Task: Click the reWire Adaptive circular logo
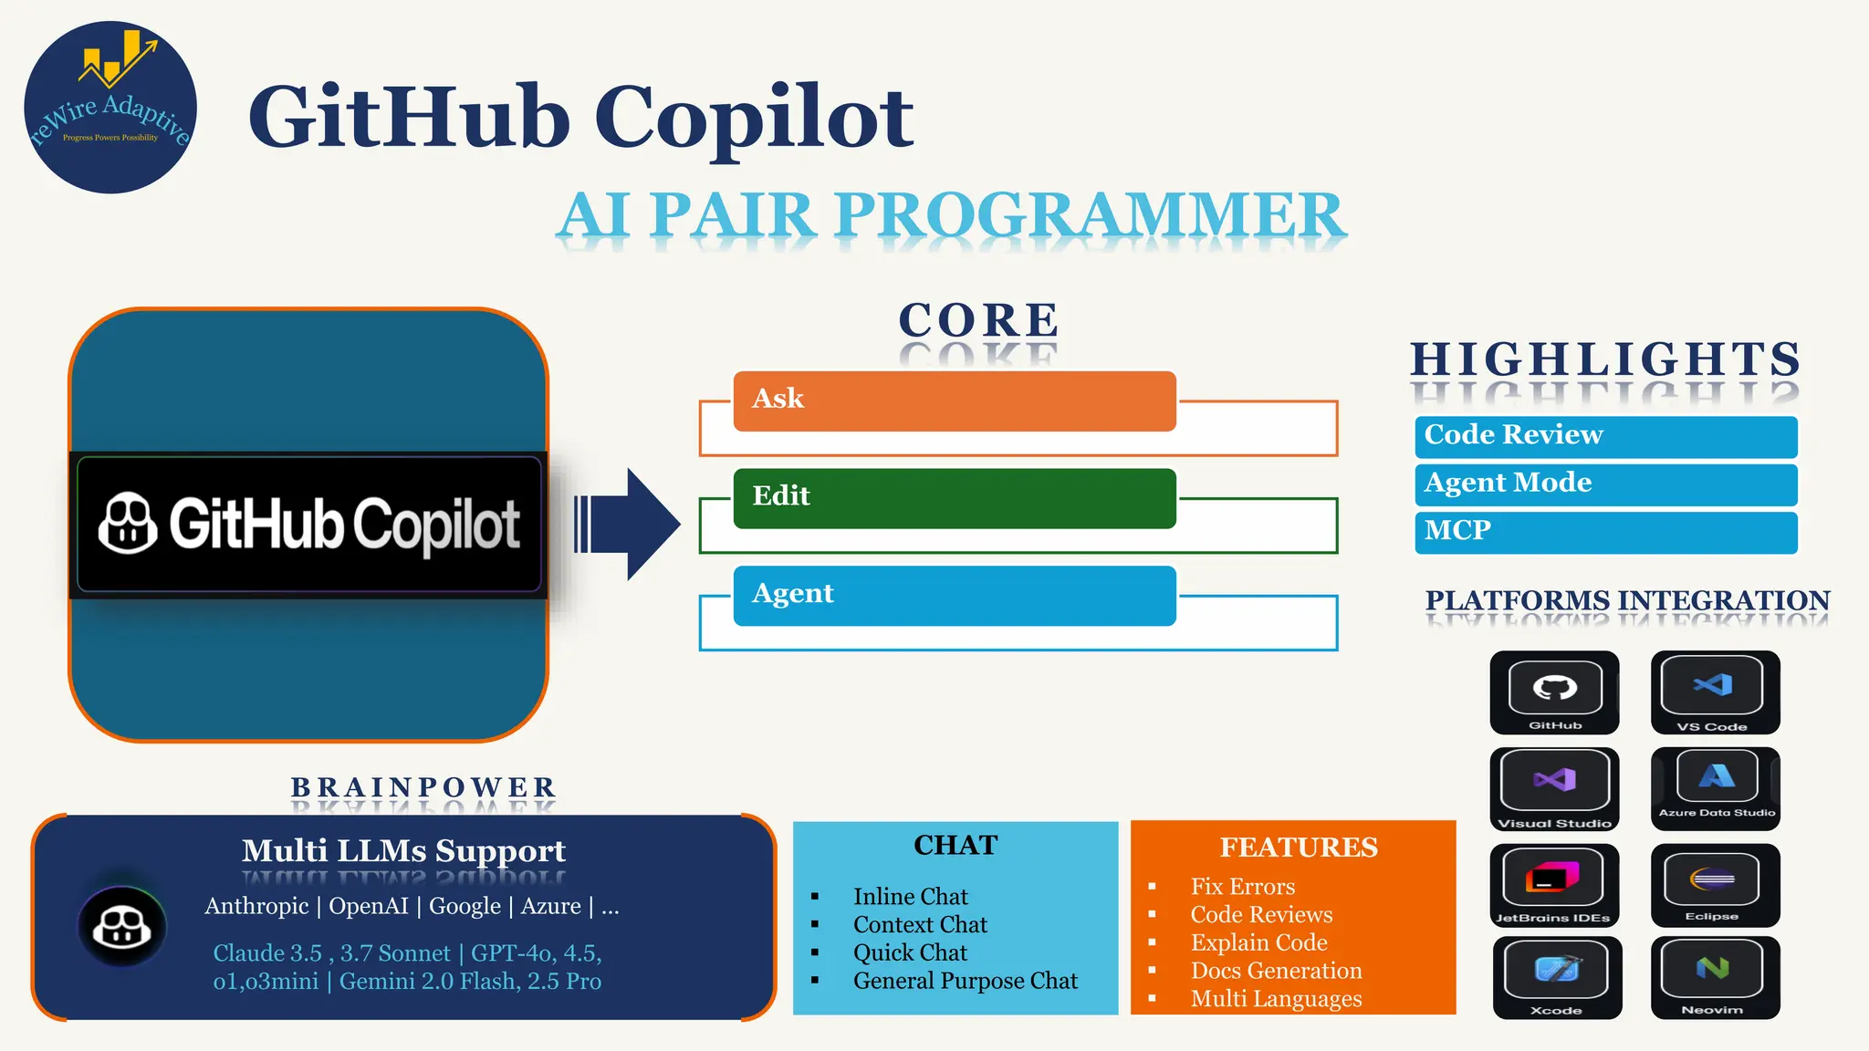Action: pos(110,107)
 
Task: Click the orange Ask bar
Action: pos(954,401)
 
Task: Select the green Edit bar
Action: pos(954,498)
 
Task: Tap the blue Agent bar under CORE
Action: pos(954,596)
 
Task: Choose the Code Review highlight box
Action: pos(1605,436)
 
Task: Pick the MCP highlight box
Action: pos(1605,532)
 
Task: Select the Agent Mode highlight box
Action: pos(1605,484)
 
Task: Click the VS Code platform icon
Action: pos(1714,691)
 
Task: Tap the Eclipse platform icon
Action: pos(1714,884)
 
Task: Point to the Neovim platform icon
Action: pos(1714,976)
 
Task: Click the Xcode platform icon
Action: pos(1557,976)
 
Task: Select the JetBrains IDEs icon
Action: pos(1553,884)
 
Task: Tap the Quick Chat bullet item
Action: pos(910,952)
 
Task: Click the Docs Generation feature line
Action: pos(1276,971)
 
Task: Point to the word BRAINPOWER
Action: pos(423,786)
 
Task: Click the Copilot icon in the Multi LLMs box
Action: pos(122,927)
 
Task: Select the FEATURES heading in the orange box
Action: pos(1299,848)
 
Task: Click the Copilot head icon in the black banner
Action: pos(127,524)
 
